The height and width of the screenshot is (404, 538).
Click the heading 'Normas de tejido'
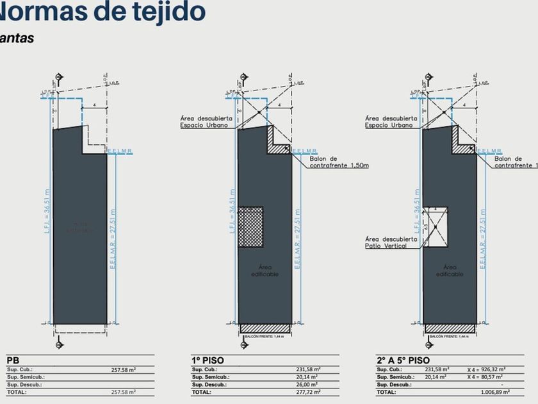click(102, 12)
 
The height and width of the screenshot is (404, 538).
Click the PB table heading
click(13, 360)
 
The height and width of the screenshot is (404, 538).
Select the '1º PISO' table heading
click(207, 360)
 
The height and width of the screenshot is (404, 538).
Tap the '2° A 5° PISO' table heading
click(403, 360)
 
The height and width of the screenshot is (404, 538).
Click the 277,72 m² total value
click(307, 392)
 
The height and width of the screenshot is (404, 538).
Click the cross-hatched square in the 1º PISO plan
click(251, 227)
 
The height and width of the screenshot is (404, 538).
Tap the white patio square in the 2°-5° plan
click(436, 227)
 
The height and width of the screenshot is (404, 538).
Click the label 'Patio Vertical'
click(386, 246)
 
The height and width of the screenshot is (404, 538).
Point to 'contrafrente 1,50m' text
click(339, 166)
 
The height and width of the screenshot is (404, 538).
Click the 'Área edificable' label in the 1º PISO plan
click(265, 271)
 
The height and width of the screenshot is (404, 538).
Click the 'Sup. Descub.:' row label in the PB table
click(26, 384)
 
